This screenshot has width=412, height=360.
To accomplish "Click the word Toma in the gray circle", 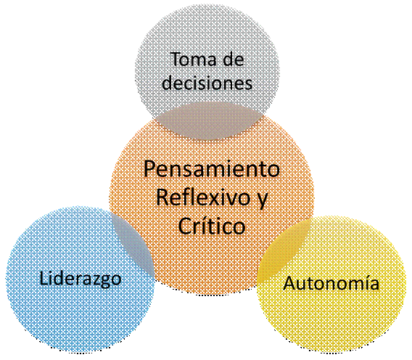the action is click(194, 60).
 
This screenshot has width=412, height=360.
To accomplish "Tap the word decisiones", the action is click(207, 83).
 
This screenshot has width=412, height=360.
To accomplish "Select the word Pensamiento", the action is click(212, 169).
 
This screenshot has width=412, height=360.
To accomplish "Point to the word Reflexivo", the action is click(203, 197).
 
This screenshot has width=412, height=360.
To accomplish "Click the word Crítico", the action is click(212, 226).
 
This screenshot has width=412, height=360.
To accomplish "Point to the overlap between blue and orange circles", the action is click(134, 245).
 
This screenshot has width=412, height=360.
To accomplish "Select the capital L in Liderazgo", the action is click(44, 278).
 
